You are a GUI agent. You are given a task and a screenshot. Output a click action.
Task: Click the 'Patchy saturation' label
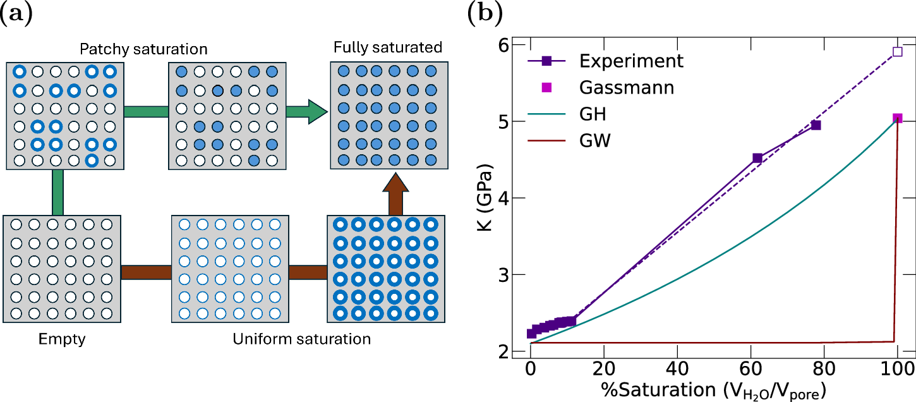click(145, 49)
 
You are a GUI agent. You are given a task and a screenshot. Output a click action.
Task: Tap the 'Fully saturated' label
click(388, 47)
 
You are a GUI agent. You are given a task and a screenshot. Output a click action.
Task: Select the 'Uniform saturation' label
click(301, 339)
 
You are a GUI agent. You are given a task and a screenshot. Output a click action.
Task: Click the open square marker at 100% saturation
click(897, 52)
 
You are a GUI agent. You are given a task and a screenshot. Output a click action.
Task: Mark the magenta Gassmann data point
click(897, 118)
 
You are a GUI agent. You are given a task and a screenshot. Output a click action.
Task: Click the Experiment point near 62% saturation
click(757, 158)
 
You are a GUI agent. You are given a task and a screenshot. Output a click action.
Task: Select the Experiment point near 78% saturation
click(816, 125)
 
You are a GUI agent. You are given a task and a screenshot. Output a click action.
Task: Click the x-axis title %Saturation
click(714, 387)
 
